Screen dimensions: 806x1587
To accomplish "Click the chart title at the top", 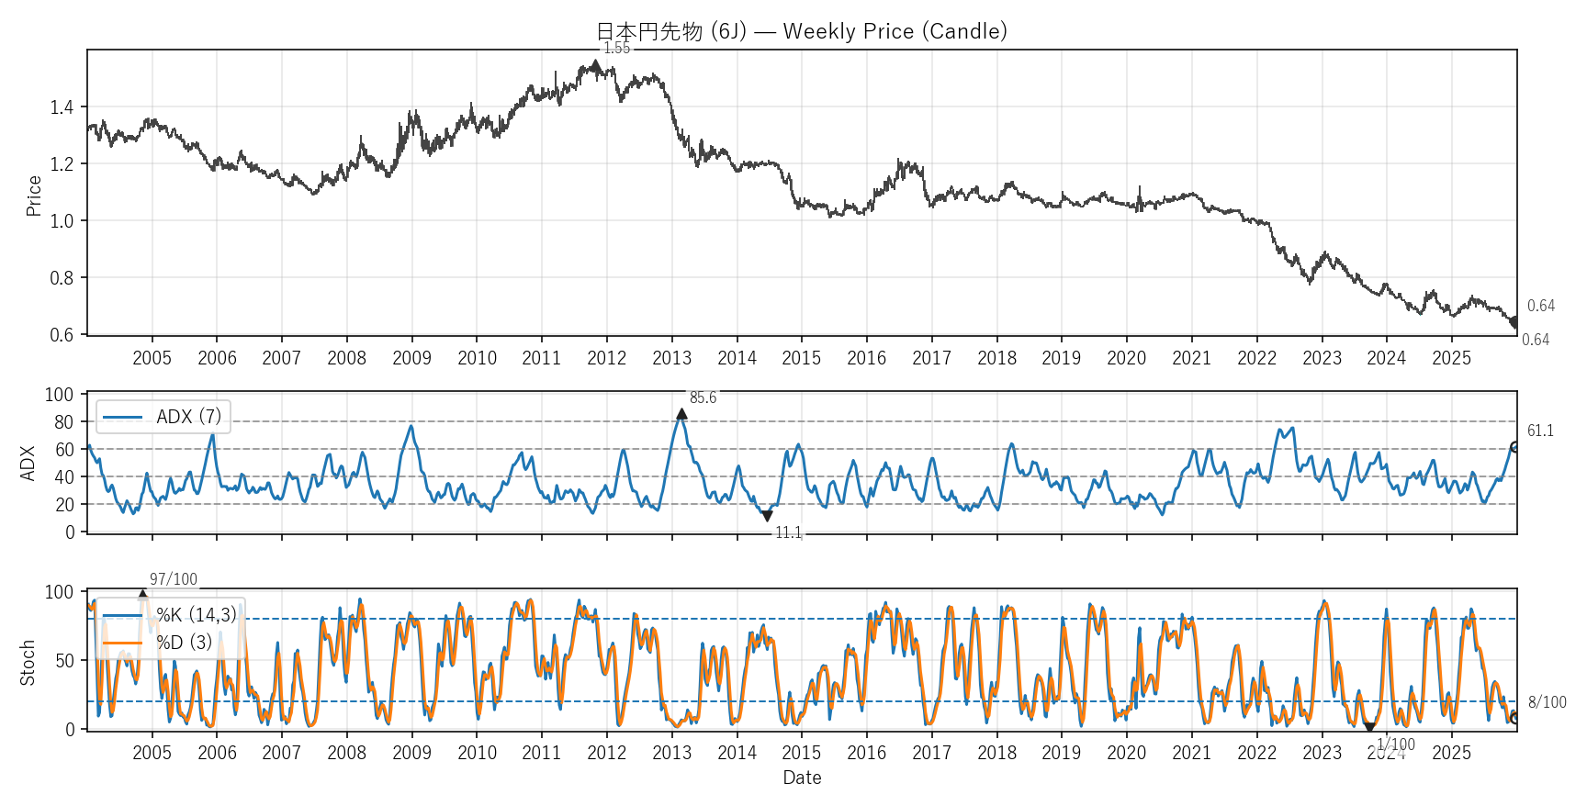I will pos(802,31).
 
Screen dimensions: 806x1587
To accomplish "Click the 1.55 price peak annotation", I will pos(616,49).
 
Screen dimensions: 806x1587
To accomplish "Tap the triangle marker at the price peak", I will pos(595,65).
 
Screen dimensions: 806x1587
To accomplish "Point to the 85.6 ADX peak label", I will pos(703,397).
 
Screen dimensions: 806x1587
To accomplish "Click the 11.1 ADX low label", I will pos(788,532).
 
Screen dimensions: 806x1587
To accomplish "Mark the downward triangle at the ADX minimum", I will pos(767,516).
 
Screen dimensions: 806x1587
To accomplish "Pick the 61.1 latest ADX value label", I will pos(1540,431).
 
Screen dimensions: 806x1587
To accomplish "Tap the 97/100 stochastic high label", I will pos(174,579).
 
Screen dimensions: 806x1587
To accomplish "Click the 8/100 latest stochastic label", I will pos(1548,702).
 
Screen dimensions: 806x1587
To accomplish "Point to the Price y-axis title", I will pos(34,196).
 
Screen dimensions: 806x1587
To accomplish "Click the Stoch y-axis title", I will pos(28,663).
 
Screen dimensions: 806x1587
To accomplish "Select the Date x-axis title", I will pos(802,778).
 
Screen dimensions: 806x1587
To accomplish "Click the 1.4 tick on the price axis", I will pos(62,107).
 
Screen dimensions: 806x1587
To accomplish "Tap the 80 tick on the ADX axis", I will pos(63,422).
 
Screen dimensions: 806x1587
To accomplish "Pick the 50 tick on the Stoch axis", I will pos(63,661).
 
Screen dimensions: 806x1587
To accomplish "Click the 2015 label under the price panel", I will pos(801,358).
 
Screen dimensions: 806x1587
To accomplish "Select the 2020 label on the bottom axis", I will pos(1126,753).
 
